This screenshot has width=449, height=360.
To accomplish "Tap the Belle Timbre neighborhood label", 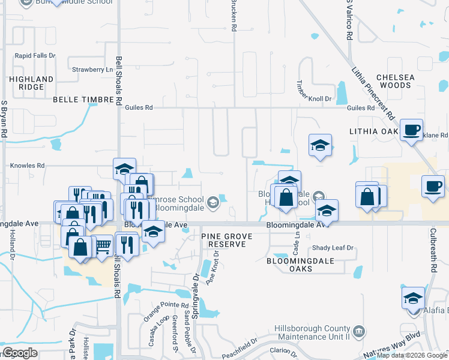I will coord(83,100).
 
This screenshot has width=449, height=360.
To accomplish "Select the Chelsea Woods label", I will coord(394,81).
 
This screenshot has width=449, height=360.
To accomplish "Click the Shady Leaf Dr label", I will coord(333,248).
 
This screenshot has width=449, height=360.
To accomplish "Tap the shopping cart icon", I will coord(103,245).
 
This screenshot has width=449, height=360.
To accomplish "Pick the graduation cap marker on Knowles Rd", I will coord(125,169).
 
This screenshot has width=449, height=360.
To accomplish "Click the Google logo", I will coord(20,353).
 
